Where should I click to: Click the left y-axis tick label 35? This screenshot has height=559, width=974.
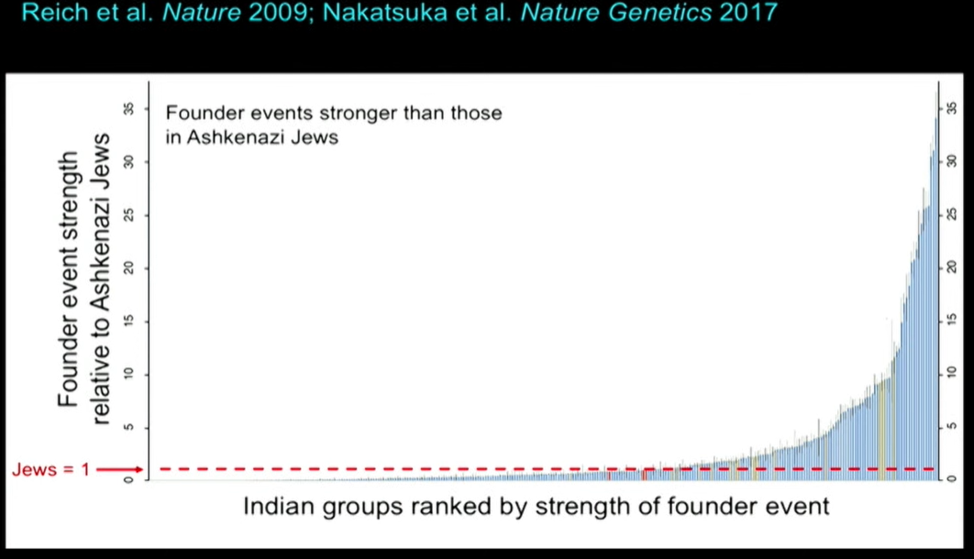tap(128, 108)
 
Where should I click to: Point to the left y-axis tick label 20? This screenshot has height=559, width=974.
tap(128, 268)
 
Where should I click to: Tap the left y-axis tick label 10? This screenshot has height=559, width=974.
tap(128, 374)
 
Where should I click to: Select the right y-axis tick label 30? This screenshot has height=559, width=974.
tap(951, 161)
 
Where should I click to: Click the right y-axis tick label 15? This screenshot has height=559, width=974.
tap(951, 320)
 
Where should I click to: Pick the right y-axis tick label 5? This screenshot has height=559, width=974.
tap(951, 426)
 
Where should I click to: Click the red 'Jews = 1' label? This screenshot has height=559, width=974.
tap(51, 470)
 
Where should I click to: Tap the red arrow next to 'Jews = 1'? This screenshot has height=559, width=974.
tap(119, 470)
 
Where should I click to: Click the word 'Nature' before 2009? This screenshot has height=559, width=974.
tap(202, 13)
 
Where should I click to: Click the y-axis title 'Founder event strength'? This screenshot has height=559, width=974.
tap(69, 279)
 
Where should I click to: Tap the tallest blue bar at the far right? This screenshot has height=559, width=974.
tap(936, 285)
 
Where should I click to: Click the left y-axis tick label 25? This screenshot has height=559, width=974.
tap(128, 215)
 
